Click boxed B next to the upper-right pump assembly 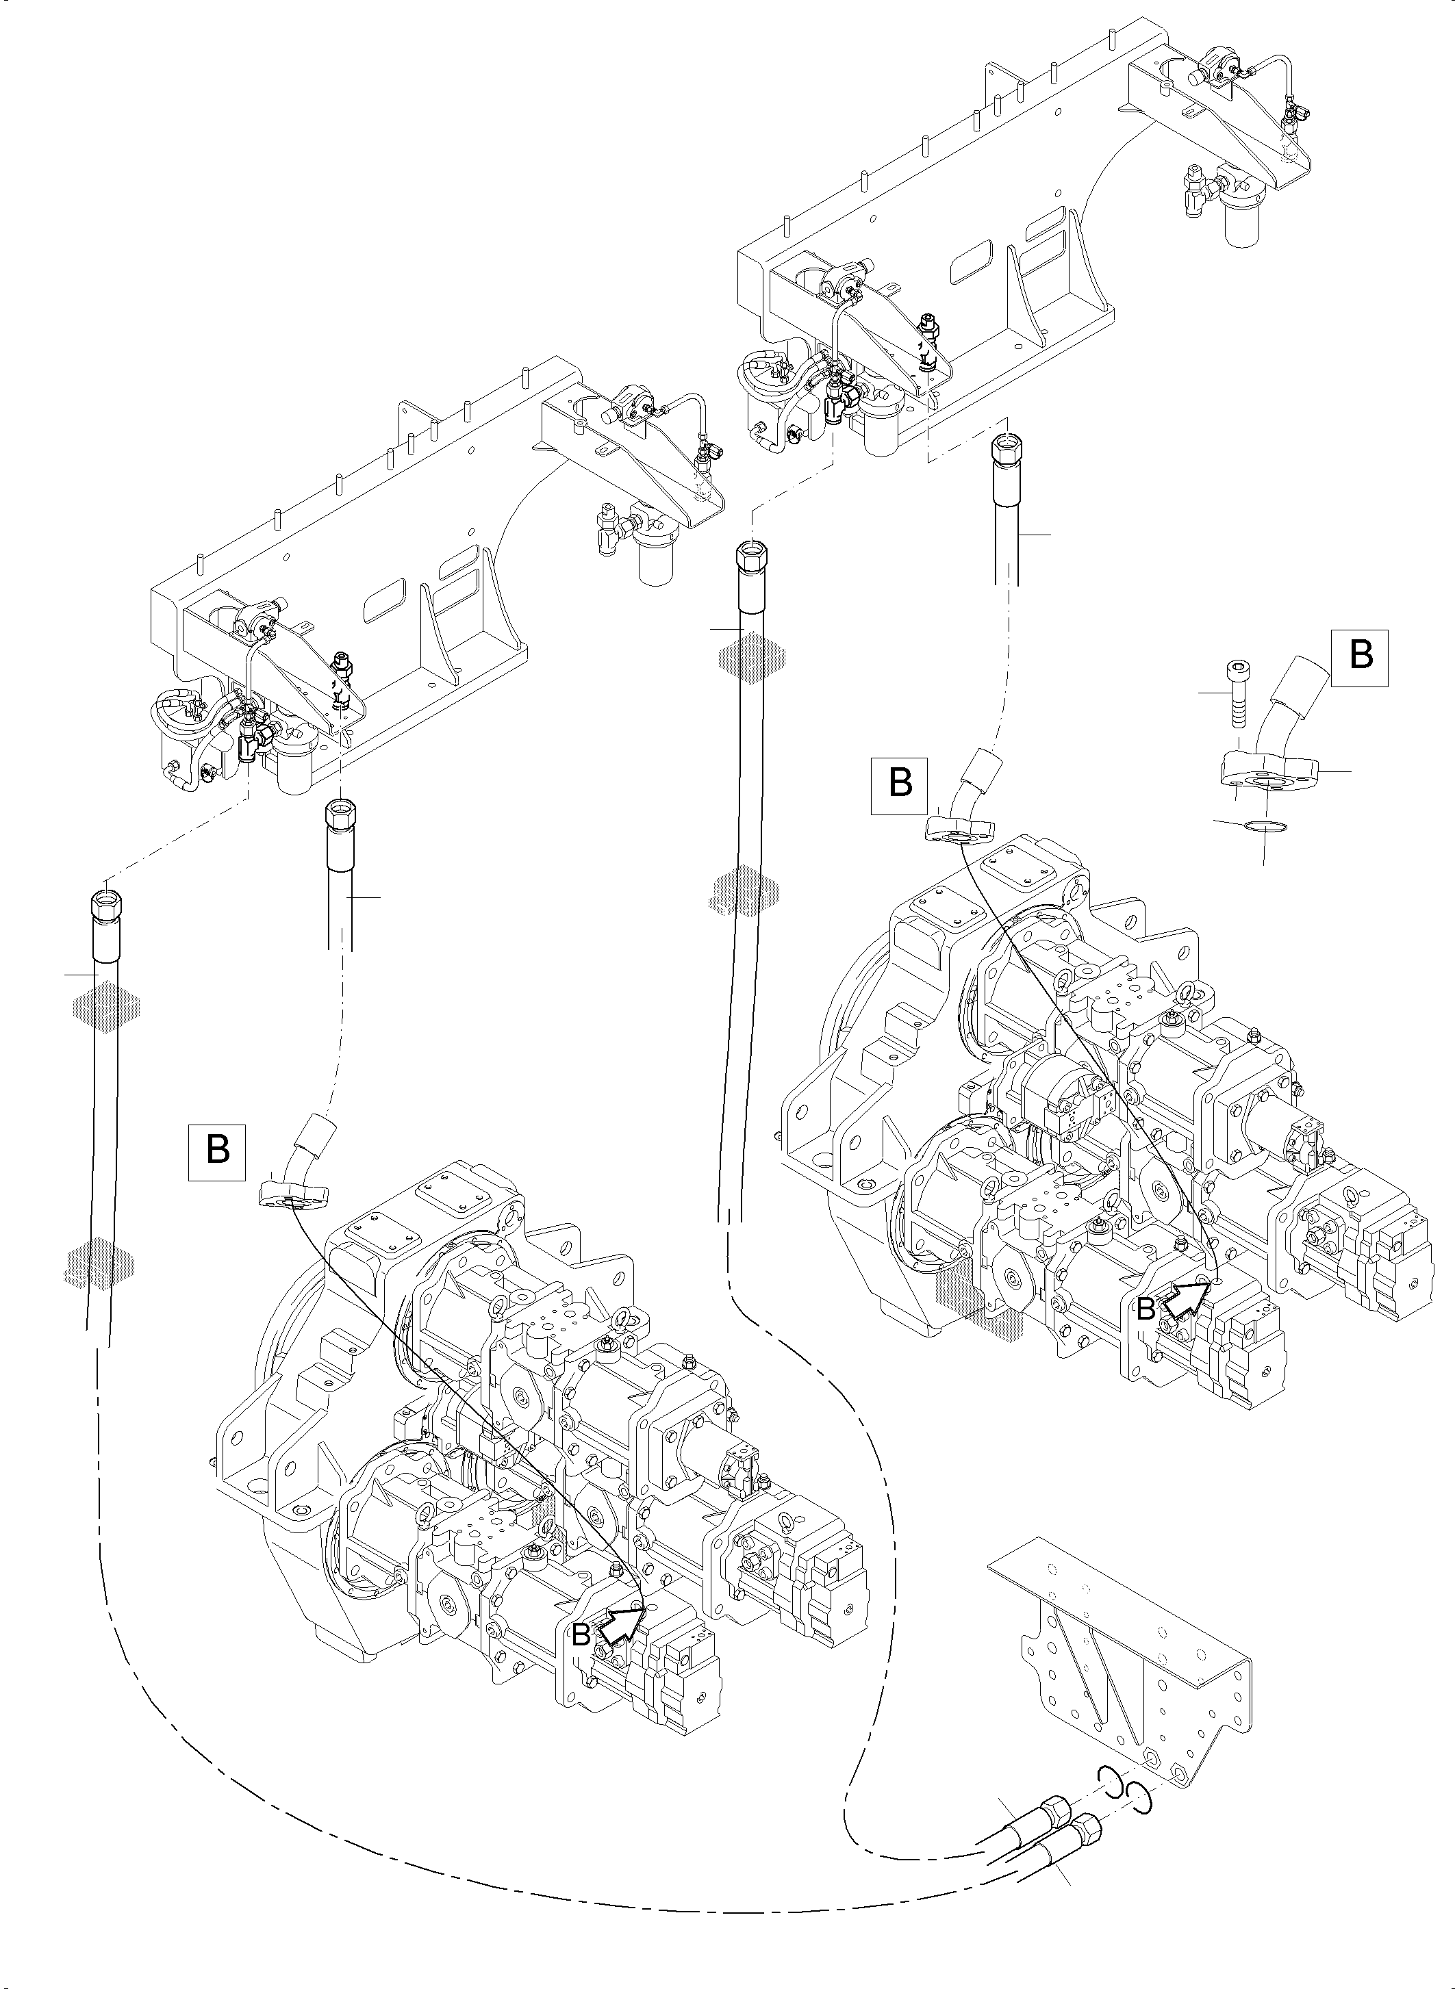click(x=900, y=782)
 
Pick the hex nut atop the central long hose click(x=750, y=556)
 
